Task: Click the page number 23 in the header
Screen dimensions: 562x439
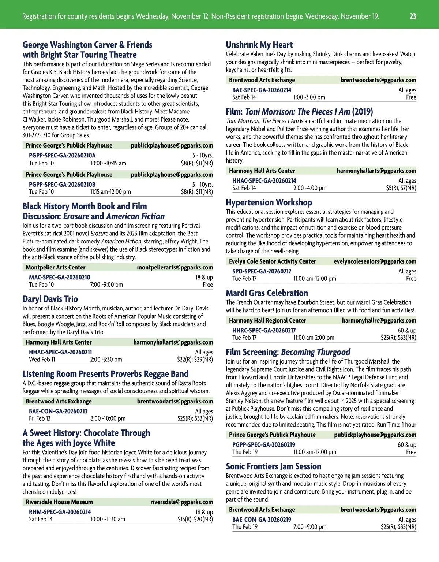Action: point(413,16)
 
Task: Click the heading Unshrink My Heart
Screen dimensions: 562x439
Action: point(259,45)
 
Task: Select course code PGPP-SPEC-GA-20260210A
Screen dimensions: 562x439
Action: point(62,155)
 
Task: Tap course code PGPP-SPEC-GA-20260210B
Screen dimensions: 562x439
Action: point(62,185)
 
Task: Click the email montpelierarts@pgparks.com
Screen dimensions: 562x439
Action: point(175,267)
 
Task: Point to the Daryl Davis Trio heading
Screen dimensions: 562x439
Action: point(50,299)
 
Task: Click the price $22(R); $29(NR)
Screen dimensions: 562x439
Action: point(195,360)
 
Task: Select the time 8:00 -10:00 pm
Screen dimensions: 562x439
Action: point(108,418)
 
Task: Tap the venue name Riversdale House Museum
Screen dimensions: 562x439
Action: point(59,502)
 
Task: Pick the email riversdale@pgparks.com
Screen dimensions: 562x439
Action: point(181,502)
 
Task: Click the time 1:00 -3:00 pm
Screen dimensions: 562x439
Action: point(309,97)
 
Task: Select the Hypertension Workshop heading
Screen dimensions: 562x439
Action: point(269,202)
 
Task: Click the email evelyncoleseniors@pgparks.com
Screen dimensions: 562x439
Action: point(375,261)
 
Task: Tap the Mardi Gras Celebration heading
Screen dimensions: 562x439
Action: point(267,293)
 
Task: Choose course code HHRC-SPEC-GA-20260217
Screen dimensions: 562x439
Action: point(264,330)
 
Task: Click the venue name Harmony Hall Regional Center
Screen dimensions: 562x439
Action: point(267,320)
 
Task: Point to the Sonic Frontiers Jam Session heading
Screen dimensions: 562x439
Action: point(273,466)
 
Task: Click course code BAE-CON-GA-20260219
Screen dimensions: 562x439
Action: point(262,520)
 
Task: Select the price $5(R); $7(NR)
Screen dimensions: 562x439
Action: point(401,188)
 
